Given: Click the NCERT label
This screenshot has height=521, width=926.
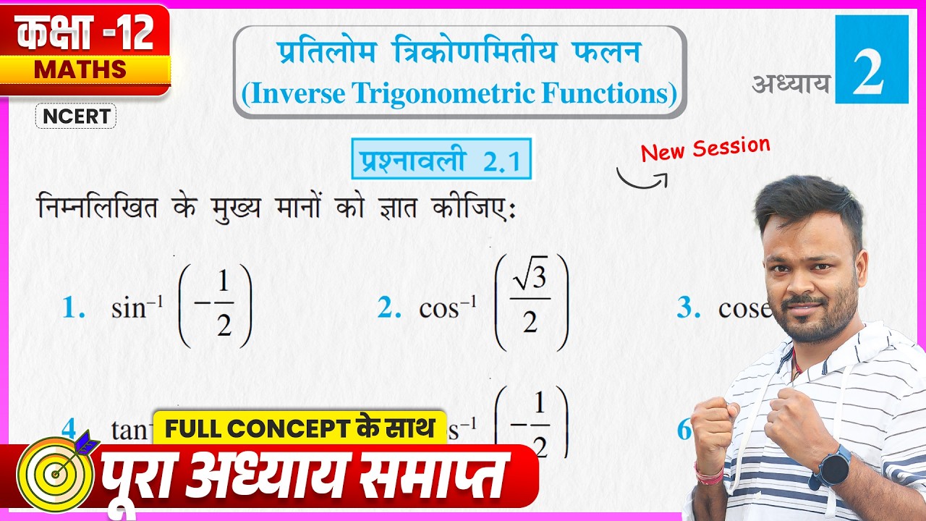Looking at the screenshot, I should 75,117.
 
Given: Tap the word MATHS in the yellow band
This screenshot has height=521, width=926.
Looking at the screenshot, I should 80,69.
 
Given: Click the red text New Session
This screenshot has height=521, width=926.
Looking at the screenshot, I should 705,148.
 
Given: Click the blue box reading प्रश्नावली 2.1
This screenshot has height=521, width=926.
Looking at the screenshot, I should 441,159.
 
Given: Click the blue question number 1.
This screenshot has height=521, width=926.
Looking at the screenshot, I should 74,309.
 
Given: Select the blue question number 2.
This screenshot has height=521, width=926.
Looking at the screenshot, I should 389,309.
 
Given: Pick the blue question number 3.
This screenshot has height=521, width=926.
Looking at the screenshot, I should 688,309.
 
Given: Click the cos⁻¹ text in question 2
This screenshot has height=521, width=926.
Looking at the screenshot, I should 448,309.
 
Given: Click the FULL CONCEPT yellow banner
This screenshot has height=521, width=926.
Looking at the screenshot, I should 299,428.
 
